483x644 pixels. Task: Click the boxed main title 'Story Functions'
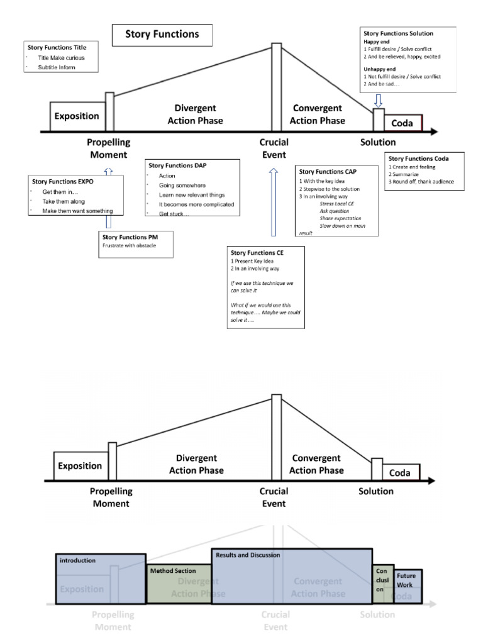pyautogui.click(x=162, y=35)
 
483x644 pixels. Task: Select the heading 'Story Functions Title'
pyautogui.click(x=57, y=47)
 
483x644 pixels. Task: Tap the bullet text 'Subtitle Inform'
pyautogui.click(x=57, y=67)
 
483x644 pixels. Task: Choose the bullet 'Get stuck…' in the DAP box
pyautogui.click(x=172, y=214)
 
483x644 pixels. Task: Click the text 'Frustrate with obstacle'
pyautogui.click(x=129, y=245)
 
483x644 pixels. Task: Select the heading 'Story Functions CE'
pyautogui.click(x=257, y=253)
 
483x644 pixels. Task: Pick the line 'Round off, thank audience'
pyautogui.click(x=421, y=182)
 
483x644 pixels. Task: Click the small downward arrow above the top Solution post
pyautogui.click(x=378, y=101)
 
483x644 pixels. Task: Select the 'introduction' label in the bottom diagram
pyautogui.click(x=77, y=560)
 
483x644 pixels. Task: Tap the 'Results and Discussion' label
pyautogui.click(x=248, y=555)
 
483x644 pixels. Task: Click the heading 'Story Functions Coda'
pyautogui.click(x=418, y=158)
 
